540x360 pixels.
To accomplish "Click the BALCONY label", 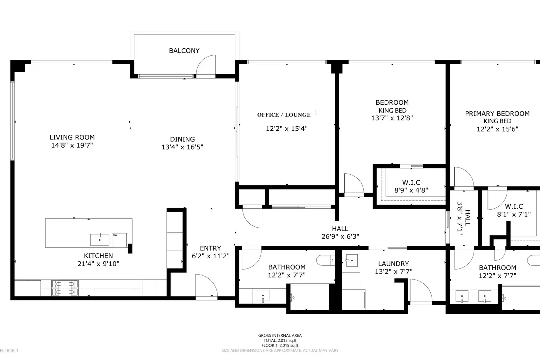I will [184, 51].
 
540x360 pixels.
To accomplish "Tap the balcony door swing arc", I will [206, 64].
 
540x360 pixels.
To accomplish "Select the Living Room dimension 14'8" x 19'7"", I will [72, 146].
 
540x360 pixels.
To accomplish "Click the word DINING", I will [182, 139].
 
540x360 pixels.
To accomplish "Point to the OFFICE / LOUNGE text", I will [284, 115].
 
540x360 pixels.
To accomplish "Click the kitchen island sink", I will [100, 239].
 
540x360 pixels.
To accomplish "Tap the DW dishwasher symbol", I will [119, 239].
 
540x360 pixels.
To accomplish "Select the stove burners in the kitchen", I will [65, 288].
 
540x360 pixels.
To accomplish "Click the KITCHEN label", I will [98, 256].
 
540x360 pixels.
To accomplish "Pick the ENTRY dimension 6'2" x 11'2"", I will [211, 256].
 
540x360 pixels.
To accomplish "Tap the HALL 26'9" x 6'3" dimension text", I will [340, 236].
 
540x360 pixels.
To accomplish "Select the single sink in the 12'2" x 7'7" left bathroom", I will [263, 296].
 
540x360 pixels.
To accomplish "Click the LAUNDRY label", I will [393, 264].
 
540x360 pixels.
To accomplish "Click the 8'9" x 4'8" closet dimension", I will [411, 190].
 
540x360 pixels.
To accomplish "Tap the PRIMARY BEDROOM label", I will [497, 114].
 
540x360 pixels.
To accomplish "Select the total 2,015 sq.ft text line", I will [280, 340].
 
